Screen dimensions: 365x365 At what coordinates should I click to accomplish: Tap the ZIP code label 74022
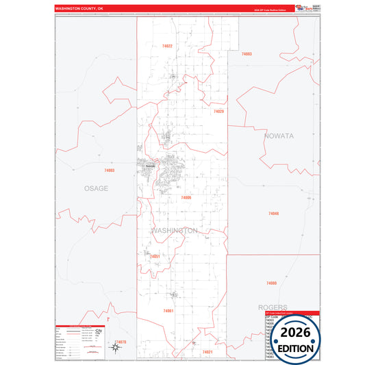tap(167, 46)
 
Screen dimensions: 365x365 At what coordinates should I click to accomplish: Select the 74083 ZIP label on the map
tap(247, 53)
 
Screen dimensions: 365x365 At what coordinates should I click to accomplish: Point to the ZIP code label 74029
tap(218, 111)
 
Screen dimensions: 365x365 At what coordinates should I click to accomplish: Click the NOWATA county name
tap(279, 136)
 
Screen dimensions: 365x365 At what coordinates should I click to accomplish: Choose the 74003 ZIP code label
tap(110, 170)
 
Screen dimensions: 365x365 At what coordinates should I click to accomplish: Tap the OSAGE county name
tap(96, 188)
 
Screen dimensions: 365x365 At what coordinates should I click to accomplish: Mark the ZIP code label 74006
tap(186, 197)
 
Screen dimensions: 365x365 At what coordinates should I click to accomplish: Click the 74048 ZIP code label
tap(274, 214)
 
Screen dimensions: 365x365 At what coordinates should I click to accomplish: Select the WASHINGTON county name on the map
tap(175, 231)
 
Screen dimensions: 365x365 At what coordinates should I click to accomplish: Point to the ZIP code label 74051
tap(155, 256)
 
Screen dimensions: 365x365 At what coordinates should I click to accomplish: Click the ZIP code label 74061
tap(168, 311)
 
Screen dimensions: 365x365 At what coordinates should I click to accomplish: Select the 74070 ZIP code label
tap(121, 341)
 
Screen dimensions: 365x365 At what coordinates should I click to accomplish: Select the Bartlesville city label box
tap(149, 164)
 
